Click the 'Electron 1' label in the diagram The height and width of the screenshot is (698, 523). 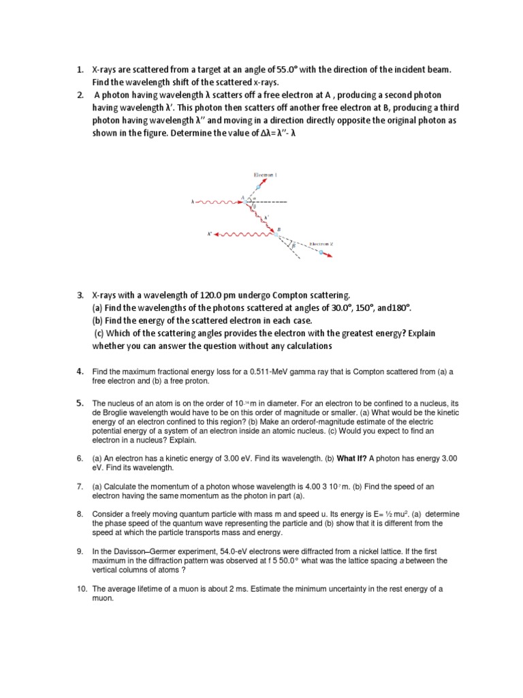pos(266,175)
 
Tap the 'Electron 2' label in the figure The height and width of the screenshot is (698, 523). pos(321,243)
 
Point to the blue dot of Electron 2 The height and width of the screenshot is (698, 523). pos(320,252)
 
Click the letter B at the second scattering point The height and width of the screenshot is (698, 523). pos(278,229)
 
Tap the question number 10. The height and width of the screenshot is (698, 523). pos(80,588)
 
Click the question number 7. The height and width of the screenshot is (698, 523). pos(79,485)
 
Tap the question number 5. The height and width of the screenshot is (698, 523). pos(79,403)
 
